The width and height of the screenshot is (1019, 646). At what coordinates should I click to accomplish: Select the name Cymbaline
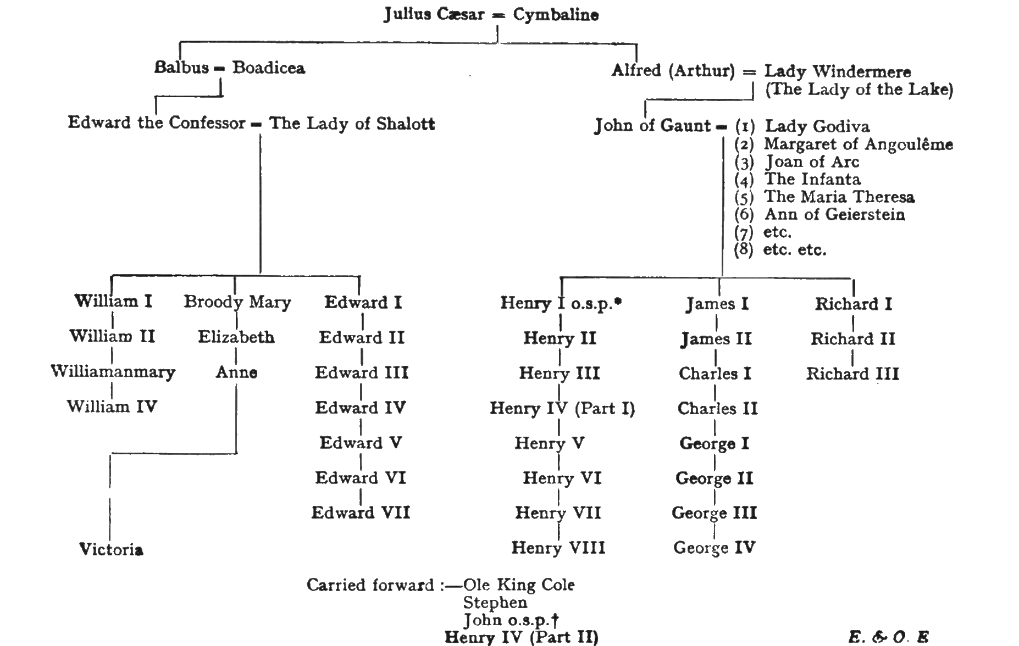pyautogui.click(x=556, y=15)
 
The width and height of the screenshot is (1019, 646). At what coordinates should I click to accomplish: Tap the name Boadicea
pyautogui.click(x=268, y=68)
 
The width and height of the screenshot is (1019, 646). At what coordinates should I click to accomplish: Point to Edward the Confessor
pyautogui.click(x=156, y=122)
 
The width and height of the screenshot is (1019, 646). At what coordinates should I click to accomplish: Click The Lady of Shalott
pyautogui.click(x=351, y=124)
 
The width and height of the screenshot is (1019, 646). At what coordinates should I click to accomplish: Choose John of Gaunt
pyautogui.click(x=652, y=126)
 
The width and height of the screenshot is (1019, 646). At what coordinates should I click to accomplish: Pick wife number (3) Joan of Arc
pyautogui.click(x=811, y=162)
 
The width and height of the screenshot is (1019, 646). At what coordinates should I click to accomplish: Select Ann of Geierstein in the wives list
pyautogui.click(x=834, y=214)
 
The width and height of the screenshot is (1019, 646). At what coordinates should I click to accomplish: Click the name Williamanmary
pyautogui.click(x=113, y=372)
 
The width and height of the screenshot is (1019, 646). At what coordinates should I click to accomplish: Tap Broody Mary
pyautogui.click(x=237, y=302)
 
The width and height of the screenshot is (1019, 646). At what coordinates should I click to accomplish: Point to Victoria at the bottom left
pyautogui.click(x=111, y=549)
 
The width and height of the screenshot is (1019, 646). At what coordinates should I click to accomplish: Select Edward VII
pyautogui.click(x=361, y=513)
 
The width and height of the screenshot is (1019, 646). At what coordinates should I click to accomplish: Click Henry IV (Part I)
pyautogui.click(x=562, y=408)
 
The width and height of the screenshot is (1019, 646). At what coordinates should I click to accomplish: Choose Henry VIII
pyautogui.click(x=558, y=548)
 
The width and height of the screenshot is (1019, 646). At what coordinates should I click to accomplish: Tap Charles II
pyautogui.click(x=717, y=408)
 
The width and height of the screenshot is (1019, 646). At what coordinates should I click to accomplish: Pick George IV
pyautogui.click(x=714, y=548)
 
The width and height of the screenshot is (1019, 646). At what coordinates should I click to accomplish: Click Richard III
pyautogui.click(x=852, y=374)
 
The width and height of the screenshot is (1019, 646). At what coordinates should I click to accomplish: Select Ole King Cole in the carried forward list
pyautogui.click(x=519, y=584)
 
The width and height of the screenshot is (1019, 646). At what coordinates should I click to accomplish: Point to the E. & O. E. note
pyautogui.click(x=888, y=637)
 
